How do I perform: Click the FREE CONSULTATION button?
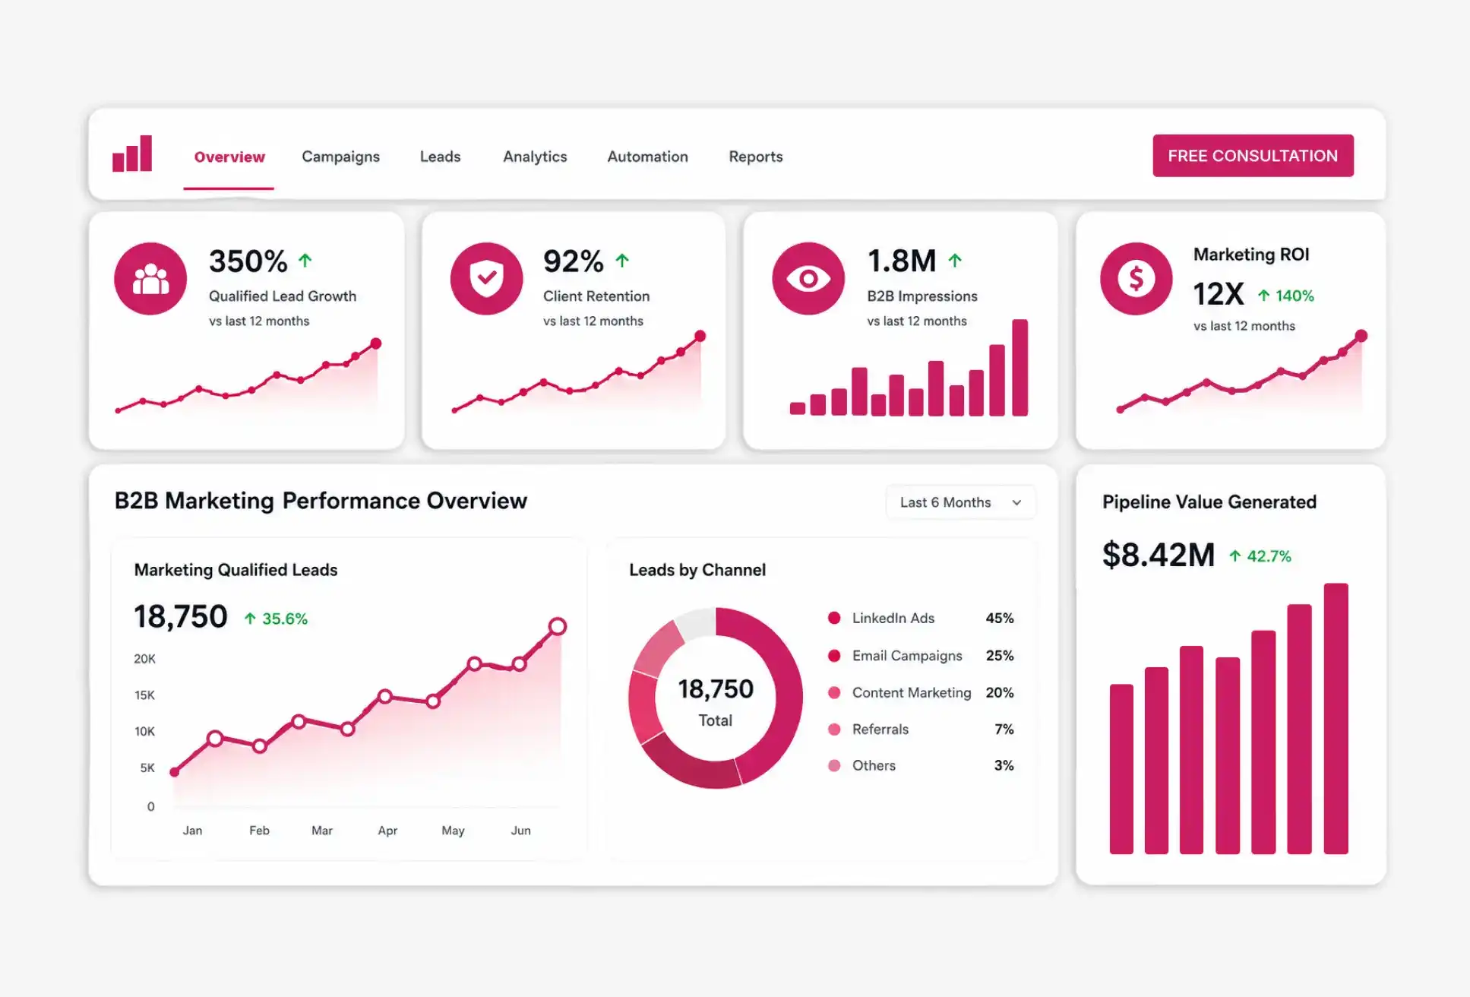1253,156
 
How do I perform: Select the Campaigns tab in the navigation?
340,157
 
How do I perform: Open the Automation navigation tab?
647,157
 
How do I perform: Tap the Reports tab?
755,157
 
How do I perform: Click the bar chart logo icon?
132,154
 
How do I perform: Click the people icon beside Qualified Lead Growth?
150,279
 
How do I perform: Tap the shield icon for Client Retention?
486,279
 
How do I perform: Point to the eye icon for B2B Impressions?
808,279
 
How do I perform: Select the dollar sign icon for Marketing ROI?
1136,279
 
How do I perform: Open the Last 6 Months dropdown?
960,502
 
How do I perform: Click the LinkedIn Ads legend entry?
882,618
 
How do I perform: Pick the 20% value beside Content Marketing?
999,692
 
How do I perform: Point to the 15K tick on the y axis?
144,695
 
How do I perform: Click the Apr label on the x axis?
387,831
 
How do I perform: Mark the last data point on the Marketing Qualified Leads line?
558,626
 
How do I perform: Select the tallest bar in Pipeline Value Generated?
1336,719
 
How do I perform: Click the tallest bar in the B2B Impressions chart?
1020,368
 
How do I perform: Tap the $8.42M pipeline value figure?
1159,555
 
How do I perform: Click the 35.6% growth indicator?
276,619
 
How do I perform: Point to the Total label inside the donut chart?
716,720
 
